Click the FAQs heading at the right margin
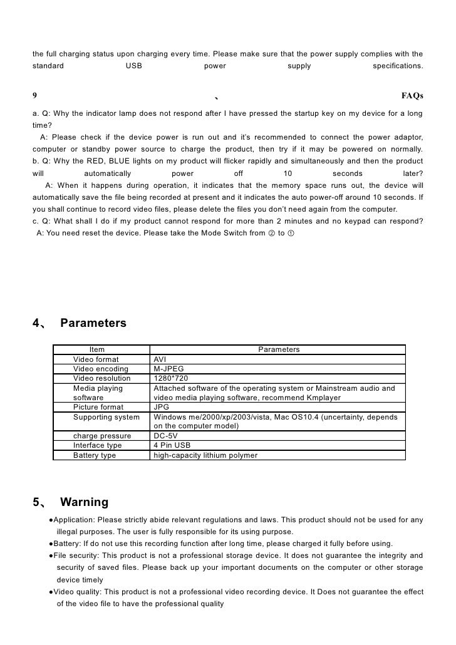click(x=412, y=96)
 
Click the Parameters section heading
click(x=93, y=323)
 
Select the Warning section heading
click(x=84, y=502)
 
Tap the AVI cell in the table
click(x=160, y=359)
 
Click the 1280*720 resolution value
click(x=170, y=378)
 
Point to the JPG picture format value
click(x=160, y=407)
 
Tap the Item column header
click(x=97, y=349)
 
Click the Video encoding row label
click(x=101, y=369)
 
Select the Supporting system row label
click(x=106, y=416)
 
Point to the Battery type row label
click(x=95, y=455)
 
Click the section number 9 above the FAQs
click(x=34, y=96)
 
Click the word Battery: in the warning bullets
click(x=70, y=543)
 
